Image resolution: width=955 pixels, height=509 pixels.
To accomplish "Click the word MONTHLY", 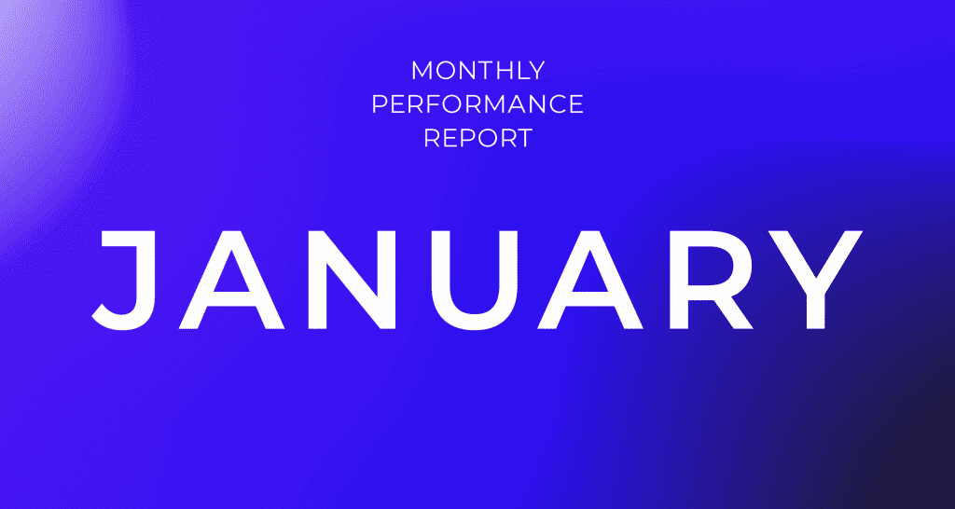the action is point(477,71).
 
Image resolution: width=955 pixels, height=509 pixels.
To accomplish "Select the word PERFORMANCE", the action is point(477,104).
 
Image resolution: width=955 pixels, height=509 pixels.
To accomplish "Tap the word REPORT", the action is point(477,138).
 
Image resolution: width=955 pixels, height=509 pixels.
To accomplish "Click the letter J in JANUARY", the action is point(122,280).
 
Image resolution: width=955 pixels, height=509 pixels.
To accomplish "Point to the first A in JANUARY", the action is point(232,280).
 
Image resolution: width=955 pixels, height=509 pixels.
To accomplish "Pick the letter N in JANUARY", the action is point(352,280).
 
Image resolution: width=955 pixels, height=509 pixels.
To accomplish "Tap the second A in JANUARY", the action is point(589,280).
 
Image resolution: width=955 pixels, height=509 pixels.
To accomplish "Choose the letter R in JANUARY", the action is point(711,280).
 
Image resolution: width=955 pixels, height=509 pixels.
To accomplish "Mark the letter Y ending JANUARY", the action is point(815,280).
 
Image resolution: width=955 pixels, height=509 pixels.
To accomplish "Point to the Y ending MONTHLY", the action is point(534,71).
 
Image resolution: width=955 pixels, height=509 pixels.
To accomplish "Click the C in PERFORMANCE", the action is point(555,104).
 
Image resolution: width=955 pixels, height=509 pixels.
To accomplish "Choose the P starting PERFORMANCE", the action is point(380,104).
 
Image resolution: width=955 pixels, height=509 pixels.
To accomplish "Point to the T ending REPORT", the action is point(524,138).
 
